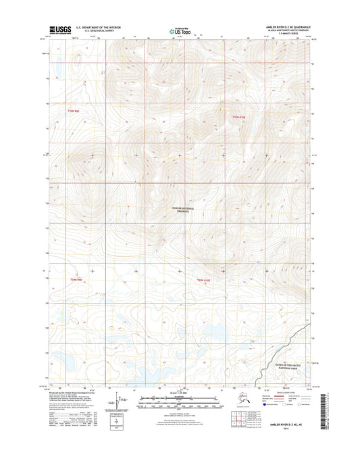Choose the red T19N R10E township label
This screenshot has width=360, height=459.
point(204,279)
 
